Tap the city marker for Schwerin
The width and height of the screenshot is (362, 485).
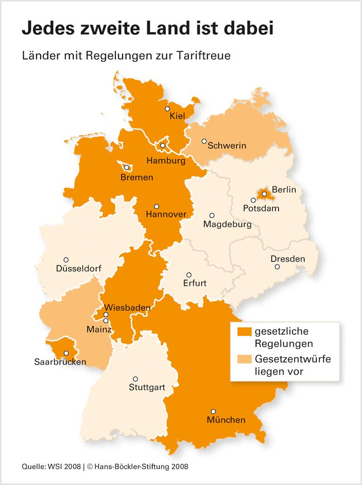(x=204, y=141)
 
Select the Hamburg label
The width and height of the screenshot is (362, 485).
(x=165, y=161)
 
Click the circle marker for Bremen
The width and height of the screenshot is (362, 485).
(x=126, y=167)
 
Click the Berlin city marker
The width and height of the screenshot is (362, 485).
(x=264, y=194)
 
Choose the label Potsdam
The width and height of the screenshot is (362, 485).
(x=261, y=208)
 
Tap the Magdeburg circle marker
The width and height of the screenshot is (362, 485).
(x=212, y=215)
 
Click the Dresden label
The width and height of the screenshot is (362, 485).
(x=288, y=259)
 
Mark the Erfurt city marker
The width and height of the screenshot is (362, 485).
(x=189, y=275)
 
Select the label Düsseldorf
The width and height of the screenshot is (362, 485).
(x=78, y=269)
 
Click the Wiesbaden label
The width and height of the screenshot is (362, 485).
(x=127, y=308)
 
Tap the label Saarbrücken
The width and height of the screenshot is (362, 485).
(x=60, y=362)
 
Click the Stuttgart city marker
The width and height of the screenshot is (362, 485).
(x=135, y=379)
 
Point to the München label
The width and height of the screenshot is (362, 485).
(x=226, y=420)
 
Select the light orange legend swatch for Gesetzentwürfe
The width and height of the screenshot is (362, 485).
(x=243, y=360)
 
